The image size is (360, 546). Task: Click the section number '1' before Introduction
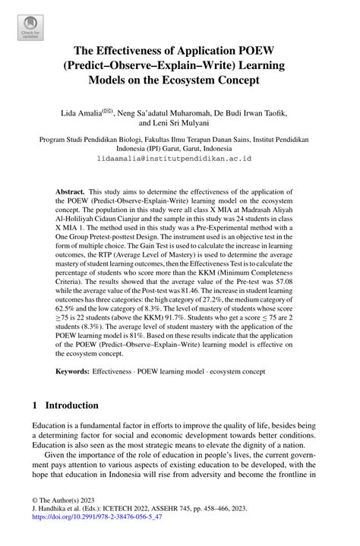tap(35, 405)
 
